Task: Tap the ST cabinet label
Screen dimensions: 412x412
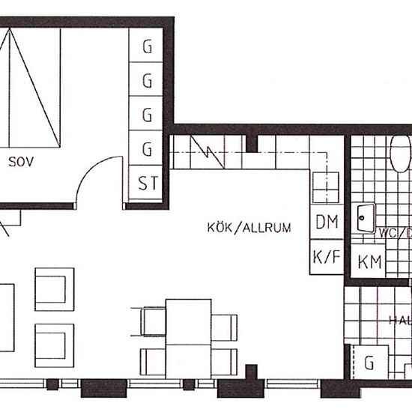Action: [x=148, y=182]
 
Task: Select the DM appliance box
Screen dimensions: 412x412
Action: [x=327, y=222]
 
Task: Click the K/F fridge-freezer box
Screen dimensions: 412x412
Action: [x=327, y=258]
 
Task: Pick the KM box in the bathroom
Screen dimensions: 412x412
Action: [x=369, y=262]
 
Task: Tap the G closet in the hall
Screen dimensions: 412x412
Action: [x=369, y=363]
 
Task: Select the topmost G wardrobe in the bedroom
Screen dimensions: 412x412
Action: [x=148, y=47]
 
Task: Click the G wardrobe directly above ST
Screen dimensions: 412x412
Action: [x=148, y=147]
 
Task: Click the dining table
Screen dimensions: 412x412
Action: [x=188, y=336]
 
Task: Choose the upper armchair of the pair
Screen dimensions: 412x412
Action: [x=55, y=290]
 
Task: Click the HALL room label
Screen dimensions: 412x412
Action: [x=399, y=320]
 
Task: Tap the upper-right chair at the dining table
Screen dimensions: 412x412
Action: [x=225, y=326]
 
